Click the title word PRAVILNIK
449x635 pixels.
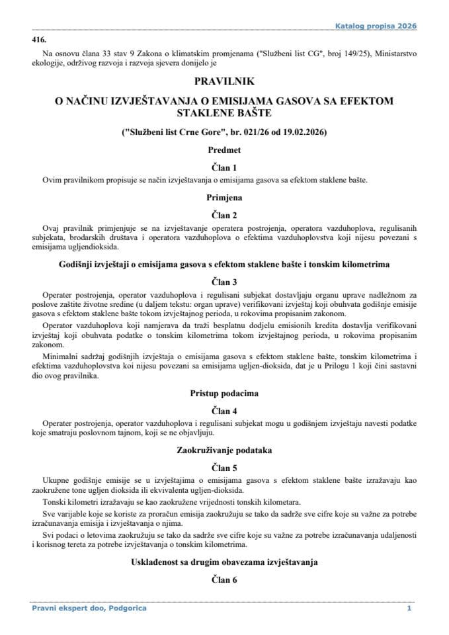224,83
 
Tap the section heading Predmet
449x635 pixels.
224,150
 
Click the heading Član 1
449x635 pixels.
224,167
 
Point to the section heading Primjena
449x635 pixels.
224,196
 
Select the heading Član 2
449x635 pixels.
224,214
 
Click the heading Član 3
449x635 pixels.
224,280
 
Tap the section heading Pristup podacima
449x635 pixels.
224,393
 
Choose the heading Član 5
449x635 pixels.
224,467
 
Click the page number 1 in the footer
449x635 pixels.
409,608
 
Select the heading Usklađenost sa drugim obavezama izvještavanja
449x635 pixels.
224,562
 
